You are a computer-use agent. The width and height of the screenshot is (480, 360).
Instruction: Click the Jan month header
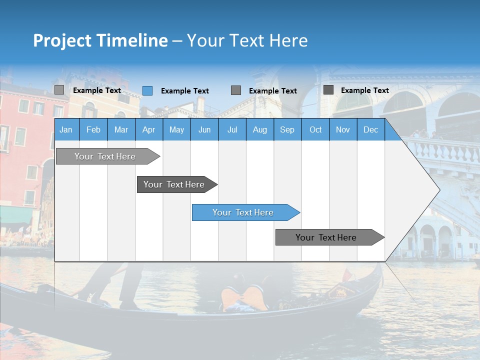click(66, 129)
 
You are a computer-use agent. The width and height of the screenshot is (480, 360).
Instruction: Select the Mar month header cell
click(121, 129)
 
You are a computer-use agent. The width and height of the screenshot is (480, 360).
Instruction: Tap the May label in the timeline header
click(176, 129)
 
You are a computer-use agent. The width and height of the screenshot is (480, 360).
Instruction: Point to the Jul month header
click(232, 129)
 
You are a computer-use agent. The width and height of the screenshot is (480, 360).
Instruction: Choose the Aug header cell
click(259, 129)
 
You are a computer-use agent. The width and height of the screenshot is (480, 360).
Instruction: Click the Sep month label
click(287, 129)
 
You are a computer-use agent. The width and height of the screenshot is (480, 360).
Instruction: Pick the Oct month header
click(315, 129)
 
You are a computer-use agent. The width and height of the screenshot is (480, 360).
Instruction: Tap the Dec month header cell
click(370, 129)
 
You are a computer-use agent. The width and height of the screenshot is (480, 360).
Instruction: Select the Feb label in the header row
click(93, 129)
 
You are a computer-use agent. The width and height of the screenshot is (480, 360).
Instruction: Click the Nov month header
click(342, 129)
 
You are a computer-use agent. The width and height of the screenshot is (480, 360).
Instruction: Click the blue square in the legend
click(147, 90)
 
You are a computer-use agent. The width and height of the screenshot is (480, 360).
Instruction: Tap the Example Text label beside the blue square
click(184, 91)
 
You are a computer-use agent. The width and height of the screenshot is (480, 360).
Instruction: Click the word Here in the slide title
click(288, 40)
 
